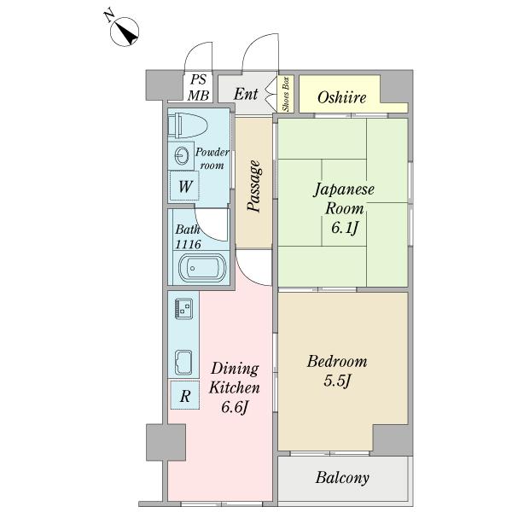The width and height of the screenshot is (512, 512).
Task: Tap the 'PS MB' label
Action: pos(199,87)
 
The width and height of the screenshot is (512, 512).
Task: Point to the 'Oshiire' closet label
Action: pos(341,97)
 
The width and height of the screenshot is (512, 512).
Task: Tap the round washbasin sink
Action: pos(182,155)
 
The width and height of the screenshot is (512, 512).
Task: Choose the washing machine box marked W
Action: pos(185,185)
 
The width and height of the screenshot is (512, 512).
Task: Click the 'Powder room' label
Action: pos(211,158)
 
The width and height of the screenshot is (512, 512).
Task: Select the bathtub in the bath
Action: pos(201,270)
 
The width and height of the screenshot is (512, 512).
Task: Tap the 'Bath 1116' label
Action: pos(188,236)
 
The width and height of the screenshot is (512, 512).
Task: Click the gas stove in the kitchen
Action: pos(183,307)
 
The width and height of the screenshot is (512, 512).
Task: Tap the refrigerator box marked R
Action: pos(185,396)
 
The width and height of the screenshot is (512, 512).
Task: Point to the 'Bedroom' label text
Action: pos(337,362)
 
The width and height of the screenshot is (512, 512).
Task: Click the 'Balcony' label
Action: pos(343,478)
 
